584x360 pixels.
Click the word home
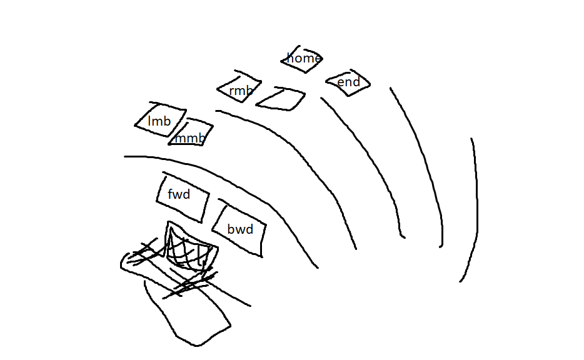(x=303, y=58)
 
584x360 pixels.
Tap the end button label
(x=348, y=82)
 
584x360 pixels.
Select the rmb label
(x=241, y=91)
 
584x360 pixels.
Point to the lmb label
(x=159, y=121)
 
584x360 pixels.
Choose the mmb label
(x=189, y=138)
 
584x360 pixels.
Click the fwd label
(x=179, y=194)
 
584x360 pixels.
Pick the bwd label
(x=240, y=229)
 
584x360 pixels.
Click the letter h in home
(x=290, y=58)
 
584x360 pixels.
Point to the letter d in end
(x=356, y=82)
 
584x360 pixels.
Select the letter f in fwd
(x=170, y=194)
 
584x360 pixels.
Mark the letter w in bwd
(x=240, y=230)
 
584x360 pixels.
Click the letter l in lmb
(x=150, y=121)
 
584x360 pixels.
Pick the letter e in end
(x=341, y=82)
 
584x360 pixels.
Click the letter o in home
(x=298, y=59)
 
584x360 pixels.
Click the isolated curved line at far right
(x=475, y=206)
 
